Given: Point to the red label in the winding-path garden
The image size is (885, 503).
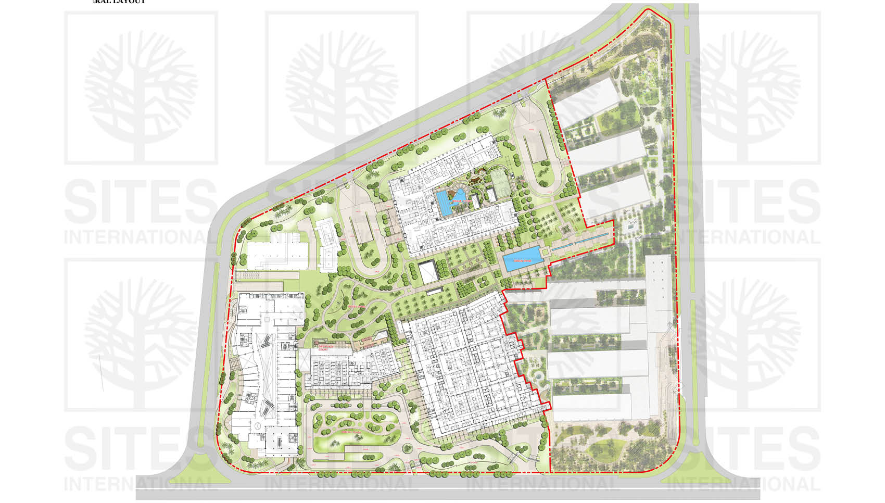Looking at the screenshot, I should [357, 307].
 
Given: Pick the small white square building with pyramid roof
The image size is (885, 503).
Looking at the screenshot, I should [428, 272].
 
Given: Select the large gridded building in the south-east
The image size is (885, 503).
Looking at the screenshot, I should [471, 364].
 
